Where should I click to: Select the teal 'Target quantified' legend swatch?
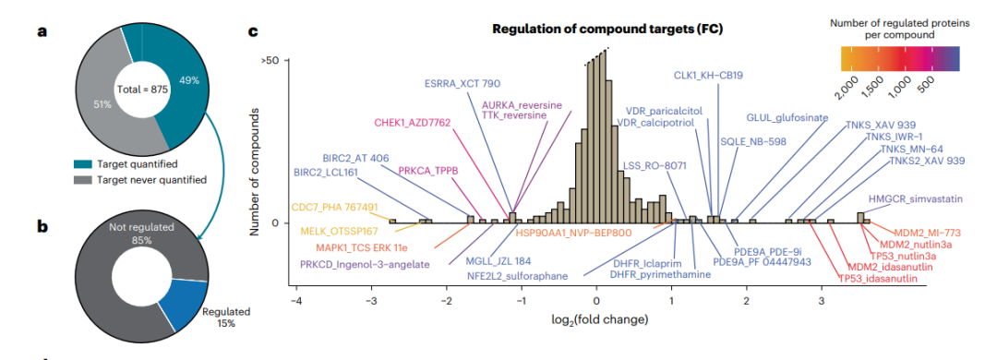coord(84,164)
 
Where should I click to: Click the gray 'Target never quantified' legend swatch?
coord(84,180)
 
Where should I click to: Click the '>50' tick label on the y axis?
coord(270,60)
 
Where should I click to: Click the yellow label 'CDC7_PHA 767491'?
coord(334,208)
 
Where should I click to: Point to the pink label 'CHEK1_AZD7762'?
coord(413,122)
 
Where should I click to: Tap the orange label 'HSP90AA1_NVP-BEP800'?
coord(573,233)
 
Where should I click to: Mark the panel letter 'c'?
coord(252,30)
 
